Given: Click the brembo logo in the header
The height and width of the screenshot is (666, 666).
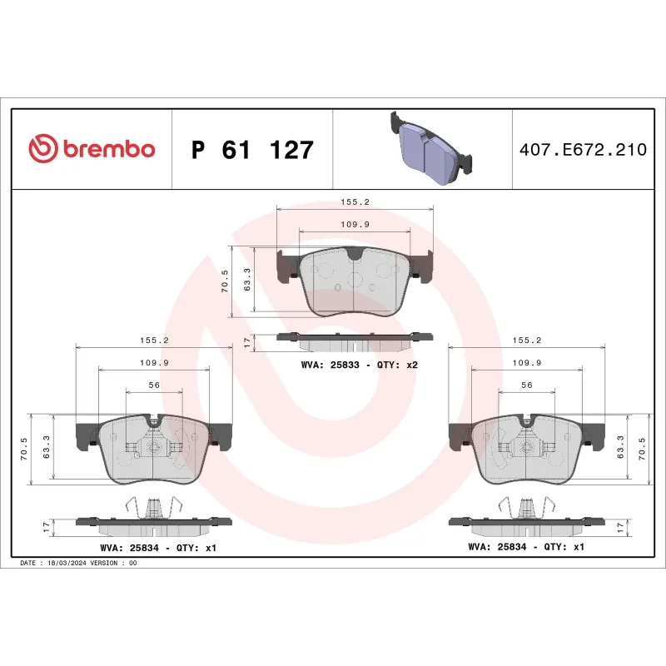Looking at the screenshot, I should click(92, 149).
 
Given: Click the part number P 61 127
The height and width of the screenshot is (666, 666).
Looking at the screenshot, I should click(252, 151).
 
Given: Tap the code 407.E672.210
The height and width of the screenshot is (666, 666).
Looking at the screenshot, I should click(582, 151).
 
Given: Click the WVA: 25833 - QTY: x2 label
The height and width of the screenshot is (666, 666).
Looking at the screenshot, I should click(359, 365).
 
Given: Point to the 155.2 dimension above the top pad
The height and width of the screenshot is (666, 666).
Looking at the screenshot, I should click(355, 201).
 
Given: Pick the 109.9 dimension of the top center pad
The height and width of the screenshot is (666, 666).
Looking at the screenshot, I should click(355, 224).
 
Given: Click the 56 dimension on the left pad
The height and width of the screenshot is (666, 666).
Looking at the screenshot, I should click(154, 385).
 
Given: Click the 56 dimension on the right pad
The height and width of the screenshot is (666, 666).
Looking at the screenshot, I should click(526, 385).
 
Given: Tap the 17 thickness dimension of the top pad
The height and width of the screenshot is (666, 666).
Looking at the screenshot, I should click(246, 341).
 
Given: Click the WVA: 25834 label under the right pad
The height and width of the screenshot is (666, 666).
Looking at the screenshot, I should click(526, 547).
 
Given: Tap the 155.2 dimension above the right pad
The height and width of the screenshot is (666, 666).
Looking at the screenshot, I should click(526, 340).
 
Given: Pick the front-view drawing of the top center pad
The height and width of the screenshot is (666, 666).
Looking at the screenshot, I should click(355, 281).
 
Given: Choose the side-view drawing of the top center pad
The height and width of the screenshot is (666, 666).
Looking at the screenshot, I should click(355, 340).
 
